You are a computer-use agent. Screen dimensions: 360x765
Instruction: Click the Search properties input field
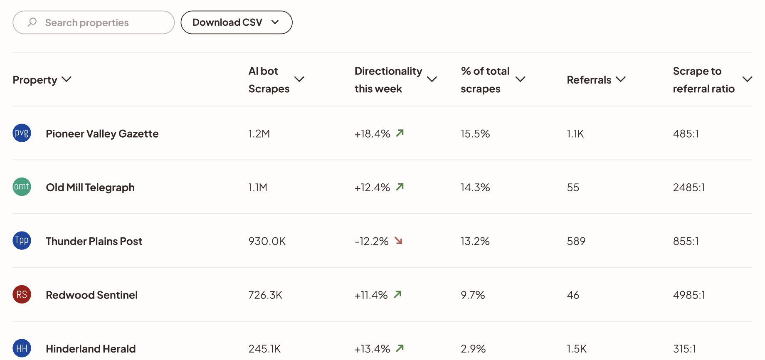(94, 22)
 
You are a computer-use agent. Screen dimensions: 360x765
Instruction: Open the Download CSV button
(236, 22)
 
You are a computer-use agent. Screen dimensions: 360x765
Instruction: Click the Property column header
(42, 80)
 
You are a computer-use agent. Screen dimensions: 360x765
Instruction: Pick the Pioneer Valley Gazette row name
(102, 134)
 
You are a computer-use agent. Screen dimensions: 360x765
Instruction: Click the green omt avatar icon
(22, 187)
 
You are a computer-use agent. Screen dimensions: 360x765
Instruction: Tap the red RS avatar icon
(22, 295)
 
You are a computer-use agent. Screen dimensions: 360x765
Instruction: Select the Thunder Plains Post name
(94, 242)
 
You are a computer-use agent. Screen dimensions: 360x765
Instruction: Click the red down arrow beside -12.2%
(399, 241)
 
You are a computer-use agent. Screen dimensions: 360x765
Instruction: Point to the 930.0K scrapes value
(267, 242)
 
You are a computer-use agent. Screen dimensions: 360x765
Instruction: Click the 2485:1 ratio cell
(689, 187)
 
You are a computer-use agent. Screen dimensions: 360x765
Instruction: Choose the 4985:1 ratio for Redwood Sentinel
(689, 295)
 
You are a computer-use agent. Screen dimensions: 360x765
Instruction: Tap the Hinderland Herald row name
(91, 349)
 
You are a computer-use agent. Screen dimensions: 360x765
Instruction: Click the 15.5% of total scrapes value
(475, 134)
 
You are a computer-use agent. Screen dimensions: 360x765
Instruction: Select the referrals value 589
(576, 242)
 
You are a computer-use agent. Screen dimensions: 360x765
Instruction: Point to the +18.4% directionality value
(372, 134)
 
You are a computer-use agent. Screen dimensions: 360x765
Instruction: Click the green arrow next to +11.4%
(398, 294)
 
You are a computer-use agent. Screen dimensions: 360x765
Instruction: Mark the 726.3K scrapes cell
(265, 295)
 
